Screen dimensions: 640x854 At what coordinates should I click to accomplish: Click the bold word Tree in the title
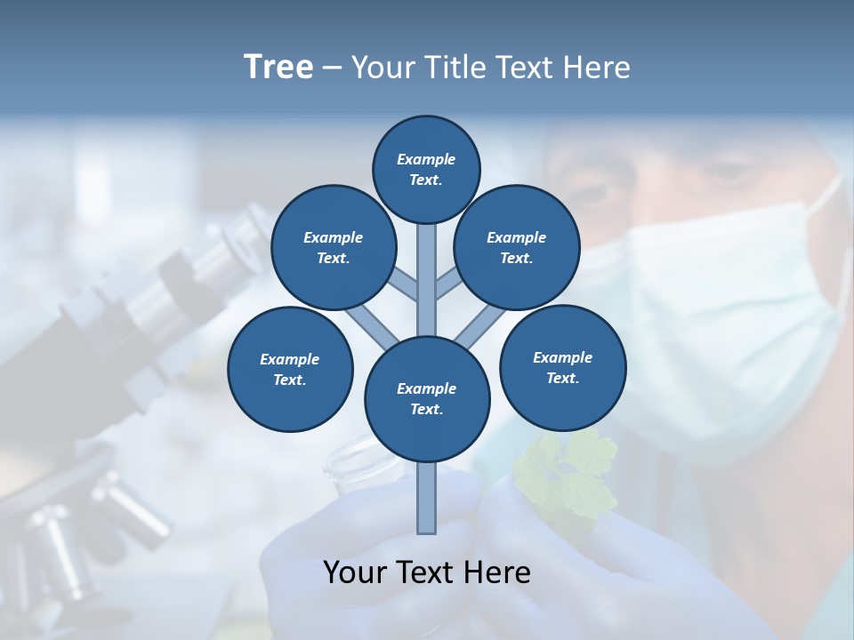(278, 67)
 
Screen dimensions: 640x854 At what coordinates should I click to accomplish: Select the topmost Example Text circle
(426, 169)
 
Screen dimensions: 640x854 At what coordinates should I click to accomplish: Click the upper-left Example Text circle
(334, 247)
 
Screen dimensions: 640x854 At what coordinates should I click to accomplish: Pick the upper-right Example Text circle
(517, 247)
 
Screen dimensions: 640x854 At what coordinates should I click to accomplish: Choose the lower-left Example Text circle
(290, 369)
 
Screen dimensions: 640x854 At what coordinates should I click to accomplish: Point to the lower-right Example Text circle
(562, 366)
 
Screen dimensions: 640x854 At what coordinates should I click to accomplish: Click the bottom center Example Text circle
(427, 398)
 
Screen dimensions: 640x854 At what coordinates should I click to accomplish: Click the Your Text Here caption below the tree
(427, 572)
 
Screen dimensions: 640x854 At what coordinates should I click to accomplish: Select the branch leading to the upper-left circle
(405, 286)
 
